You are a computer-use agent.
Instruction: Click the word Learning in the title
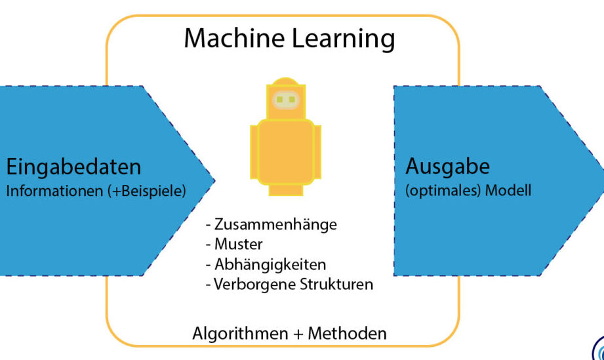coord(342,39)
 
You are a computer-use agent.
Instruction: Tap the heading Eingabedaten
coord(73,167)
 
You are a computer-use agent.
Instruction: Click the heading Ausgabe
coord(447,167)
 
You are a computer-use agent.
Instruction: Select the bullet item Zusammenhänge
coord(275,224)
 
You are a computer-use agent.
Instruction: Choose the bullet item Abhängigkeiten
coord(270,265)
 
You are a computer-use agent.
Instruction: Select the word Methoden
coord(348,333)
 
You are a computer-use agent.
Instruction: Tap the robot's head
coord(285,98)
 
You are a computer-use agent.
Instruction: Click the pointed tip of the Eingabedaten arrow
coord(213,179)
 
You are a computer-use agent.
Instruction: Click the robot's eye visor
coord(285,100)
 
